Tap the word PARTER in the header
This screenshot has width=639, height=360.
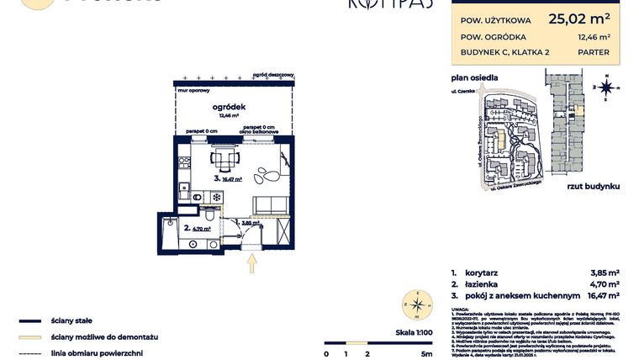[594, 53]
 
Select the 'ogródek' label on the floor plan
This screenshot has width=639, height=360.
[229, 107]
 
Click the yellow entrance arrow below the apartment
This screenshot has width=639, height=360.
[251, 264]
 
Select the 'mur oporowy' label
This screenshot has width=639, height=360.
[192, 87]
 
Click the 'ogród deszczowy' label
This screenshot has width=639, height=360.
[272, 75]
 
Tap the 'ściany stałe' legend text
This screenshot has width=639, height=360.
[71, 321]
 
